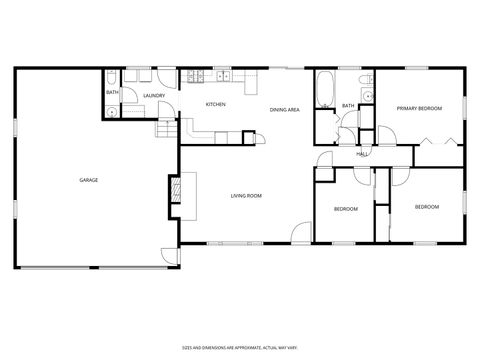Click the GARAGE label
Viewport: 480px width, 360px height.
[88, 180]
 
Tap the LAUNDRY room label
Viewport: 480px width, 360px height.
[154, 96]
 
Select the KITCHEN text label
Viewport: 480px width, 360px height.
[215, 104]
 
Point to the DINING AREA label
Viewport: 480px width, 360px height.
[285, 109]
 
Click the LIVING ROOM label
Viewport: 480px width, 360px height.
[246, 196]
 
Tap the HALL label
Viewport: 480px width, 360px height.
[363, 154]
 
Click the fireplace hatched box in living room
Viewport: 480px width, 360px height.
[175, 190]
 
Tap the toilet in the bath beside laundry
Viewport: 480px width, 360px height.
[113, 112]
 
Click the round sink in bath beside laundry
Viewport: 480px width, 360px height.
[115, 78]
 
